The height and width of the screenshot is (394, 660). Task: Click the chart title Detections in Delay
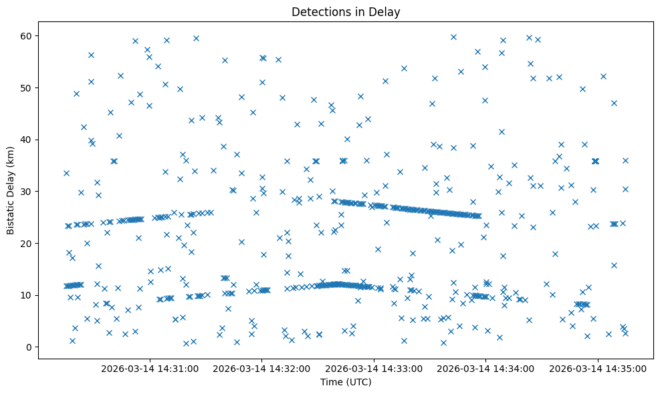(x=346, y=11)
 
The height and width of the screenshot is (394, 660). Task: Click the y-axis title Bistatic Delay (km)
(x=11, y=191)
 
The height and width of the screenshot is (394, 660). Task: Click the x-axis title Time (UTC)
(x=346, y=383)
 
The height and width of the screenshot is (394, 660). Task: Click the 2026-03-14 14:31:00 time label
(x=150, y=368)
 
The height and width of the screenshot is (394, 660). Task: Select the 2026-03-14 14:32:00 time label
(x=261, y=368)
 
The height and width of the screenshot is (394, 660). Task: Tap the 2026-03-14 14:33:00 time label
(x=374, y=368)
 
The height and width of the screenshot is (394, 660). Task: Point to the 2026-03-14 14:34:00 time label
(x=485, y=368)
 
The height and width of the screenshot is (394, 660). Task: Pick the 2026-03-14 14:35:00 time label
(x=597, y=368)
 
